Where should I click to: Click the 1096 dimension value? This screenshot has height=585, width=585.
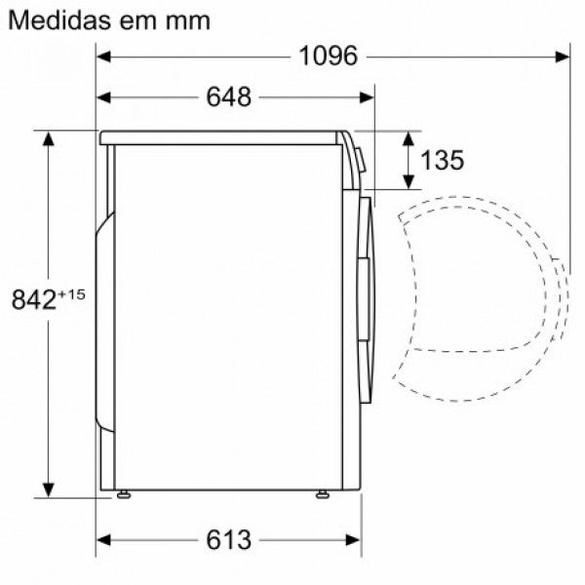coord(329,56)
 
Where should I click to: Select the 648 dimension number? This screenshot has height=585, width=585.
coord(229,97)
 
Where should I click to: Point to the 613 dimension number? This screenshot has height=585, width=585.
coord(229,538)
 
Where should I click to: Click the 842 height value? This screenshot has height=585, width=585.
coord(31,299)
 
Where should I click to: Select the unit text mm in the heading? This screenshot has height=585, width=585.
coord(189,21)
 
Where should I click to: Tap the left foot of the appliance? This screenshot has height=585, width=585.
coord(124,495)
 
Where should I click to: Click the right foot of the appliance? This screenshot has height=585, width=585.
coord(322,495)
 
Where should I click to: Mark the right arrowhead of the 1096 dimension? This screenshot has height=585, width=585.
coord(563,56)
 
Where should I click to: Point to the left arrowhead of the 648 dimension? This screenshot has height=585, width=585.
coord(104,97)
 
